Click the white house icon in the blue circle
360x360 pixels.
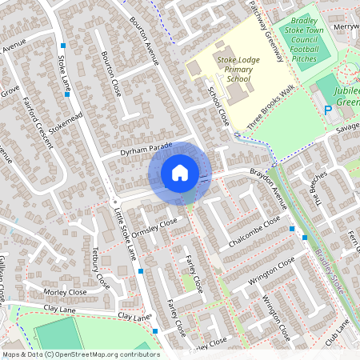[180, 172]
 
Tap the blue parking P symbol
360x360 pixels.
[326, 110]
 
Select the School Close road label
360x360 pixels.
[218, 106]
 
